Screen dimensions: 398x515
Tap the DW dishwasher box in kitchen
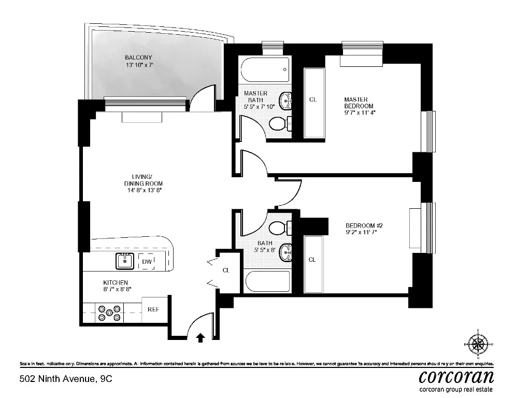point(147,262)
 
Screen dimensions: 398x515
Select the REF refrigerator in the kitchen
point(154,309)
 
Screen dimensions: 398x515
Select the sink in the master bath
point(284,100)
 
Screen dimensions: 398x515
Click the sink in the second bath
point(284,252)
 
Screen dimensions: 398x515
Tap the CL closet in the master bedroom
point(312,99)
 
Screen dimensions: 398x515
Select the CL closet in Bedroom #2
point(312,260)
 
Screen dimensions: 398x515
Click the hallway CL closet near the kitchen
point(227,271)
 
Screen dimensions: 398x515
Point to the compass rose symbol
point(478,344)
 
